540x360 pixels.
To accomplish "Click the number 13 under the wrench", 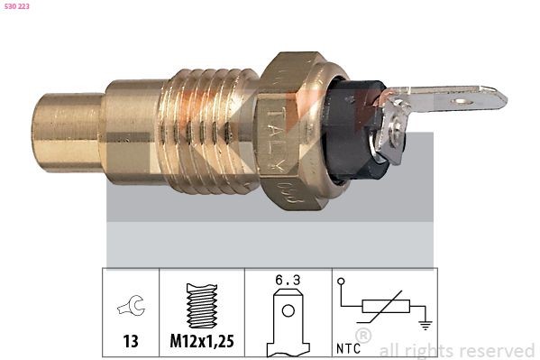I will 132,341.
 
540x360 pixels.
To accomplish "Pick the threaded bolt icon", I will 202,307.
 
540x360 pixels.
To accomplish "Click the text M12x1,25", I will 202,341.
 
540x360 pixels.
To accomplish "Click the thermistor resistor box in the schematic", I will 380,309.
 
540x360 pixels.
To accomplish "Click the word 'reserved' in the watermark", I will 497,350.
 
